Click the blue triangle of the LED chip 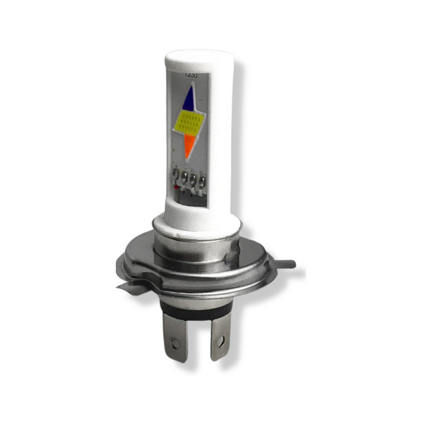coord(189,99)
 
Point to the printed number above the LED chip coord(191,75)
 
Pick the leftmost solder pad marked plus coord(176,177)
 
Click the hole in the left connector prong coord(175,342)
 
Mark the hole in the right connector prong coord(220,341)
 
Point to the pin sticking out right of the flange coord(287,263)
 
